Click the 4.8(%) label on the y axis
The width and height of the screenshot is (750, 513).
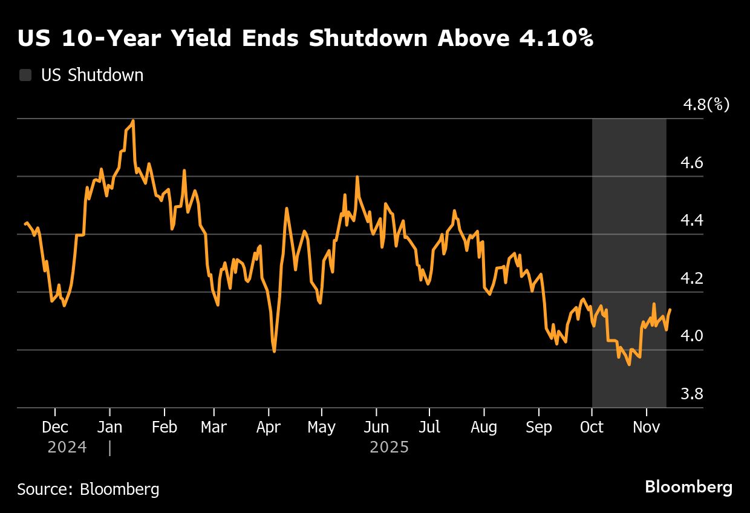point(706,105)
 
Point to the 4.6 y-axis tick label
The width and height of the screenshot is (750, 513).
point(692,163)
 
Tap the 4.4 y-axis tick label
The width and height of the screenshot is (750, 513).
point(692,221)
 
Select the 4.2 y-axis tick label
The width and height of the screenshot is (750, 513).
point(692,279)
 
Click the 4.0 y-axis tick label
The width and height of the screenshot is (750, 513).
point(692,336)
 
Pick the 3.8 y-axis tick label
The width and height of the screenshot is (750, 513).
point(692,394)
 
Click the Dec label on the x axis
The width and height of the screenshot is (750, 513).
point(55,427)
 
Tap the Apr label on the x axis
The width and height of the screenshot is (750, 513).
point(268,427)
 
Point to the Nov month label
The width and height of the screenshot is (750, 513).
point(647,427)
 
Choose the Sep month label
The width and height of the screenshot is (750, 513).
point(538,427)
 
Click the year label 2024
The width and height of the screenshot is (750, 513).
point(67,448)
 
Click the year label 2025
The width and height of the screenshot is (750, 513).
point(389,448)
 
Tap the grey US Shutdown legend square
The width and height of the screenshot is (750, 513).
point(25,76)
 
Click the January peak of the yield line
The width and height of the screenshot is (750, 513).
point(132,121)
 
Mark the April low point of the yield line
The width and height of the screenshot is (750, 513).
point(275,351)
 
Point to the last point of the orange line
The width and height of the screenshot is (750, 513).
point(670,310)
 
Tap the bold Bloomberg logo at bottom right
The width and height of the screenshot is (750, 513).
point(688,488)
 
